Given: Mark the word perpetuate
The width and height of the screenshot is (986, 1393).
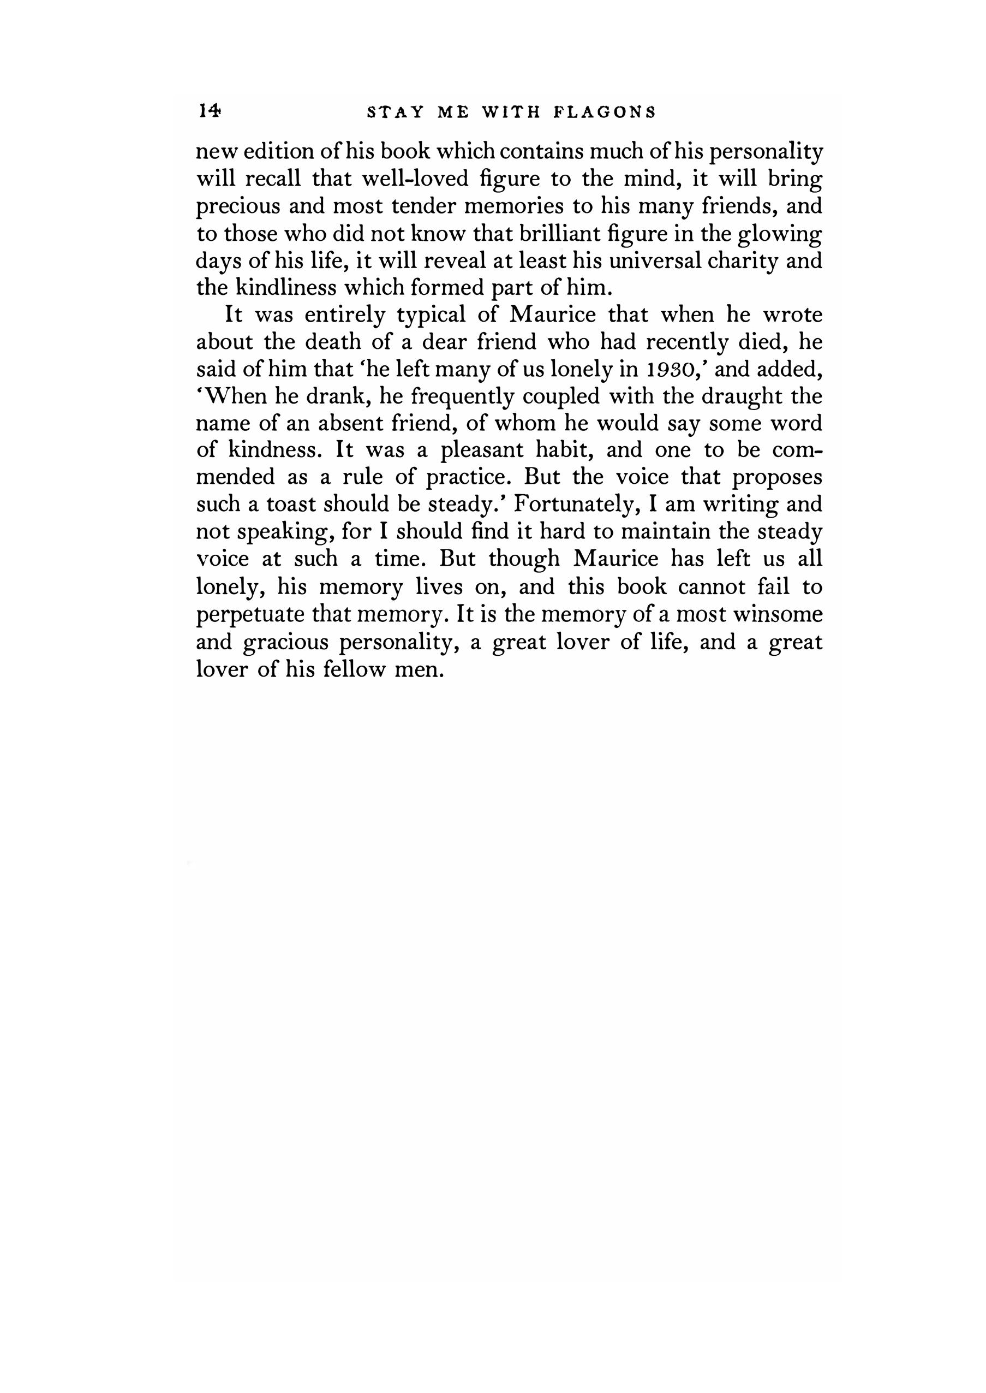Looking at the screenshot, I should click(x=248, y=615).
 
